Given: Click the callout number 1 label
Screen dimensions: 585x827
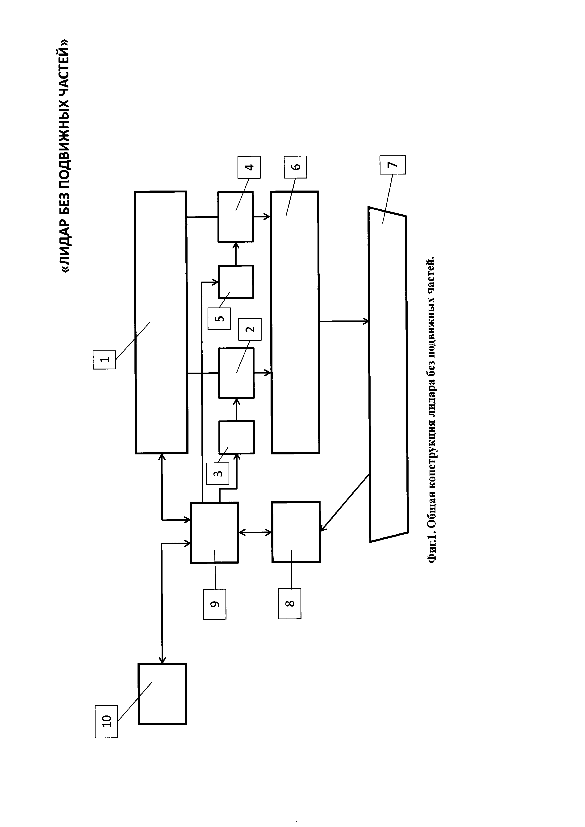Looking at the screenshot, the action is coord(104,359).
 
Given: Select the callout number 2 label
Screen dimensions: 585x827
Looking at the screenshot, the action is coord(250,329).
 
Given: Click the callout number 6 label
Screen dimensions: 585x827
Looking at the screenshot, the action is coord(295,167).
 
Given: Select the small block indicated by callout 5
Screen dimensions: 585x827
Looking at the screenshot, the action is coord(236,282).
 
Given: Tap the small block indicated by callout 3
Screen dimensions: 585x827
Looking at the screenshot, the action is coord(237,437).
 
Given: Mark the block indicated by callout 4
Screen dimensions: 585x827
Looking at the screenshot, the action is coord(236,216).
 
